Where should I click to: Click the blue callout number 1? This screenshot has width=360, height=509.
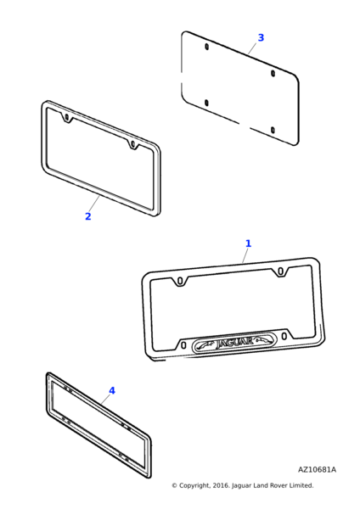pyautogui.click(x=248, y=243)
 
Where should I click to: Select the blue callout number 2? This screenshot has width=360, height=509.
pyautogui.click(x=87, y=216)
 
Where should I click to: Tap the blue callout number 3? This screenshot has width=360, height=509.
pyautogui.click(x=261, y=37)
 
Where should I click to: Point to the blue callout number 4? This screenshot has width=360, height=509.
pyautogui.click(x=112, y=390)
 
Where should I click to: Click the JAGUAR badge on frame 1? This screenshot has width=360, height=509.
pyautogui.click(x=233, y=342)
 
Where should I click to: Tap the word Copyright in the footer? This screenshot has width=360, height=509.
pyautogui.click(x=194, y=485)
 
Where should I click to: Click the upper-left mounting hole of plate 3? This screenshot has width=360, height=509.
pyautogui.click(x=206, y=47)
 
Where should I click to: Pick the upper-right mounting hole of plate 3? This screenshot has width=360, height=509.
pyautogui.click(x=273, y=73)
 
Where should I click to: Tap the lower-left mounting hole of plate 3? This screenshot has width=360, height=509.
pyautogui.click(x=206, y=103)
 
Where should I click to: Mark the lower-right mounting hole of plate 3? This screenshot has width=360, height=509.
pyautogui.click(x=273, y=130)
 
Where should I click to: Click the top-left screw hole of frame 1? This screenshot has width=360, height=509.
pyautogui.click(x=180, y=280)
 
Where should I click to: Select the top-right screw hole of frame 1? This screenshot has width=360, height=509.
pyautogui.click(x=281, y=271)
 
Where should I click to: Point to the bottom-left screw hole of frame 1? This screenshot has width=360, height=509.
pyautogui.click(x=183, y=345)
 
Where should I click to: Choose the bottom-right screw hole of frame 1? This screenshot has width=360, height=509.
pyautogui.click(x=284, y=336)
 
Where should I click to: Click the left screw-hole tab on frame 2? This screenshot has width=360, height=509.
pyautogui.click(x=66, y=118)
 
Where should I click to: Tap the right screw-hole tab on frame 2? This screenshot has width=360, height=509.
pyautogui.click(x=132, y=144)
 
